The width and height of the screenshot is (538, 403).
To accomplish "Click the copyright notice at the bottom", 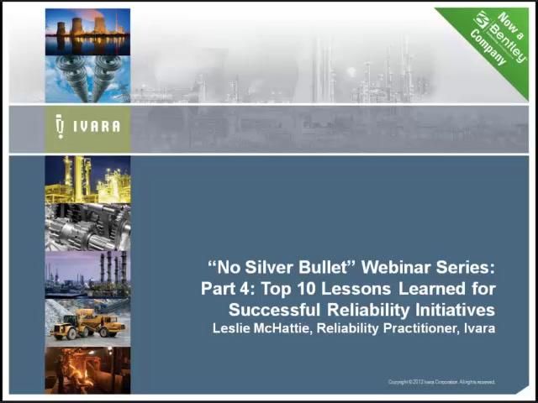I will click(x=441, y=382).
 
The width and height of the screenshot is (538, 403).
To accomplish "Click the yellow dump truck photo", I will click(x=87, y=322).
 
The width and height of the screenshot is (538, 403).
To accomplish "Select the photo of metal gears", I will click(x=87, y=227).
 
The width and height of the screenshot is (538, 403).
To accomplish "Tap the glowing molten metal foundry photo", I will click(x=87, y=370).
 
